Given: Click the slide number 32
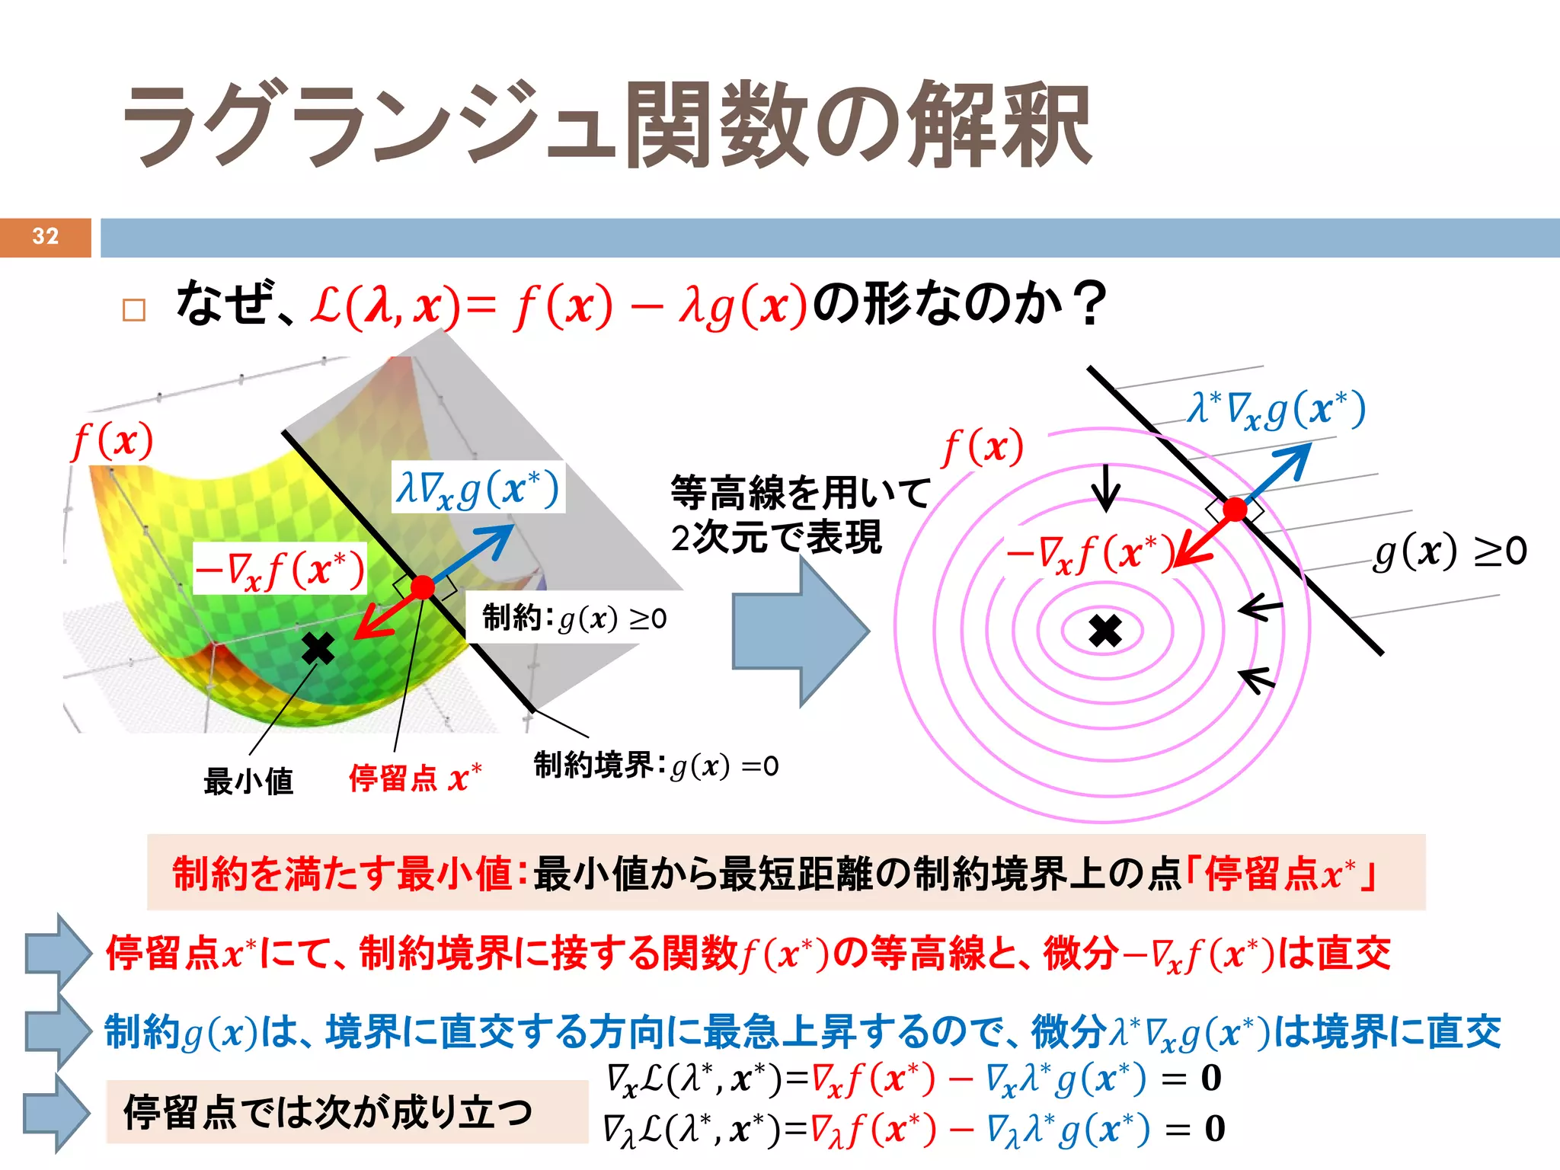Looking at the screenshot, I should (x=46, y=236).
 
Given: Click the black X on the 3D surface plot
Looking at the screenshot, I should (x=318, y=648).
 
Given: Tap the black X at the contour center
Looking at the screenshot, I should (x=1105, y=631).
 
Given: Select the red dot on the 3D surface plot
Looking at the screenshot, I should (x=422, y=587).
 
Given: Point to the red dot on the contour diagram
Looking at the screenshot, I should (x=1235, y=509).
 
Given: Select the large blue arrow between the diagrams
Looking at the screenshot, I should (x=800, y=631).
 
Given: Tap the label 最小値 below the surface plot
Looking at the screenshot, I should (x=248, y=781).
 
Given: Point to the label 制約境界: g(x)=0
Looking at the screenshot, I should (x=656, y=766).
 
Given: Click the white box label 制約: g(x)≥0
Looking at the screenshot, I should (x=574, y=618).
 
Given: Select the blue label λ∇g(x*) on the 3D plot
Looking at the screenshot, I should (x=478, y=487).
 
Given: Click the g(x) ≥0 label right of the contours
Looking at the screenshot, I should (x=1450, y=551).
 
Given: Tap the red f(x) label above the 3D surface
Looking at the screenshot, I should (x=113, y=441).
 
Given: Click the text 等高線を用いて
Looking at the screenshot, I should (x=800, y=492).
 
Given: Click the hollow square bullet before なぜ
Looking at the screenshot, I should (x=134, y=310).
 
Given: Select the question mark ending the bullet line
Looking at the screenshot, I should (x=1092, y=304).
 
